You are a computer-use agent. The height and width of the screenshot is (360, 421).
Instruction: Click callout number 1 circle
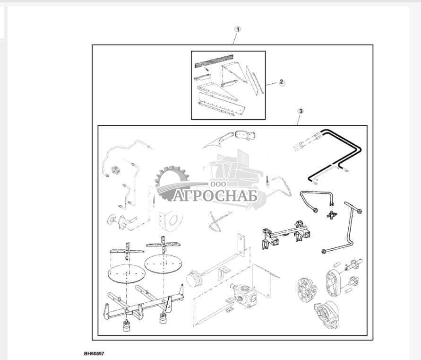[x=237, y=29]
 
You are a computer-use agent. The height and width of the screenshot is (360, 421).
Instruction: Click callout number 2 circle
[x=281, y=82]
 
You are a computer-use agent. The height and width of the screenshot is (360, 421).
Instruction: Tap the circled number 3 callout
[x=301, y=111]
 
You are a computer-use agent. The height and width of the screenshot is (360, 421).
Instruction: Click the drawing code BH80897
[x=94, y=353]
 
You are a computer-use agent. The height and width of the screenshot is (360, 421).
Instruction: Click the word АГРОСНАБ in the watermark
[x=215, y=195]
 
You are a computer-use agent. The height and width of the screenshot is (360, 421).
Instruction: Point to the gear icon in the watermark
[x=172, y=183]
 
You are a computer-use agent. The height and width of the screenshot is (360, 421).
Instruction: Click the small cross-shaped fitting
[x=332, y=215]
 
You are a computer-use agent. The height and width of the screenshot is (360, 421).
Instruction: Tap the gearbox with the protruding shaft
[x=243, y=295]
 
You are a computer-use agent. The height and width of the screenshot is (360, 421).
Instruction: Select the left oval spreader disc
[x=127, y=273]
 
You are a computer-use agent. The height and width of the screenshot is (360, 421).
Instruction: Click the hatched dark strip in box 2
[x=214, y=61]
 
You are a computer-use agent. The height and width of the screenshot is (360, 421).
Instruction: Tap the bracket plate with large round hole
[x=170, y=220]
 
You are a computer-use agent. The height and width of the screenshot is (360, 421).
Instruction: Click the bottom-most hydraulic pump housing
[x=326, y=315]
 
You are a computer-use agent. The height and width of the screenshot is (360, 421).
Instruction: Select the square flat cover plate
[x=262, y=281]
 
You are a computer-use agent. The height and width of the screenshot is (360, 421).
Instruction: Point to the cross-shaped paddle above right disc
[x=163, y=245]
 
